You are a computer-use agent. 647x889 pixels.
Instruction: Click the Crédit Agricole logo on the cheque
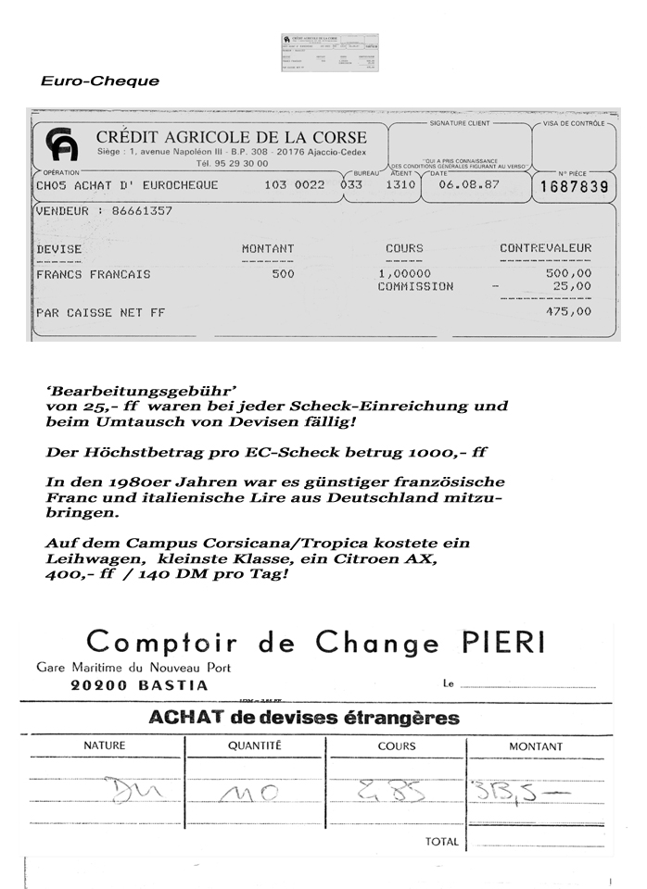(61, 145)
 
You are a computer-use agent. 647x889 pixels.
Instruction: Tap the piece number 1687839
(574, 187)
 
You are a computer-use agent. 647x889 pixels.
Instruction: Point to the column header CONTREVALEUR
(545, 248)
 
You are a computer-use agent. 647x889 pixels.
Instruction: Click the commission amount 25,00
(572, 287)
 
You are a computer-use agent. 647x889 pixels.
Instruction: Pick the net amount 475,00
(569, 312)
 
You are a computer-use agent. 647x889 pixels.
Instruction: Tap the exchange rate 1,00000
(405, 274)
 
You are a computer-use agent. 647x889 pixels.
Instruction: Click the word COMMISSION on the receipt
(415, 287)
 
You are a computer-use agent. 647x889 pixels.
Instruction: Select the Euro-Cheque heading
(100, 81)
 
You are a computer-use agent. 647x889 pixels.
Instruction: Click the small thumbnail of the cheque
(330, 53)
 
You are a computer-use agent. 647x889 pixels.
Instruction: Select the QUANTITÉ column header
(255, 745)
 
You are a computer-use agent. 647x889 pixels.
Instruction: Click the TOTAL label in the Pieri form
(441, 842)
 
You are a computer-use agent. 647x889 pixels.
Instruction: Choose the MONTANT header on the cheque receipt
(268, 248)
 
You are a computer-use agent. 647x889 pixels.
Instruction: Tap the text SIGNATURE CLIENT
(460, 123)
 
